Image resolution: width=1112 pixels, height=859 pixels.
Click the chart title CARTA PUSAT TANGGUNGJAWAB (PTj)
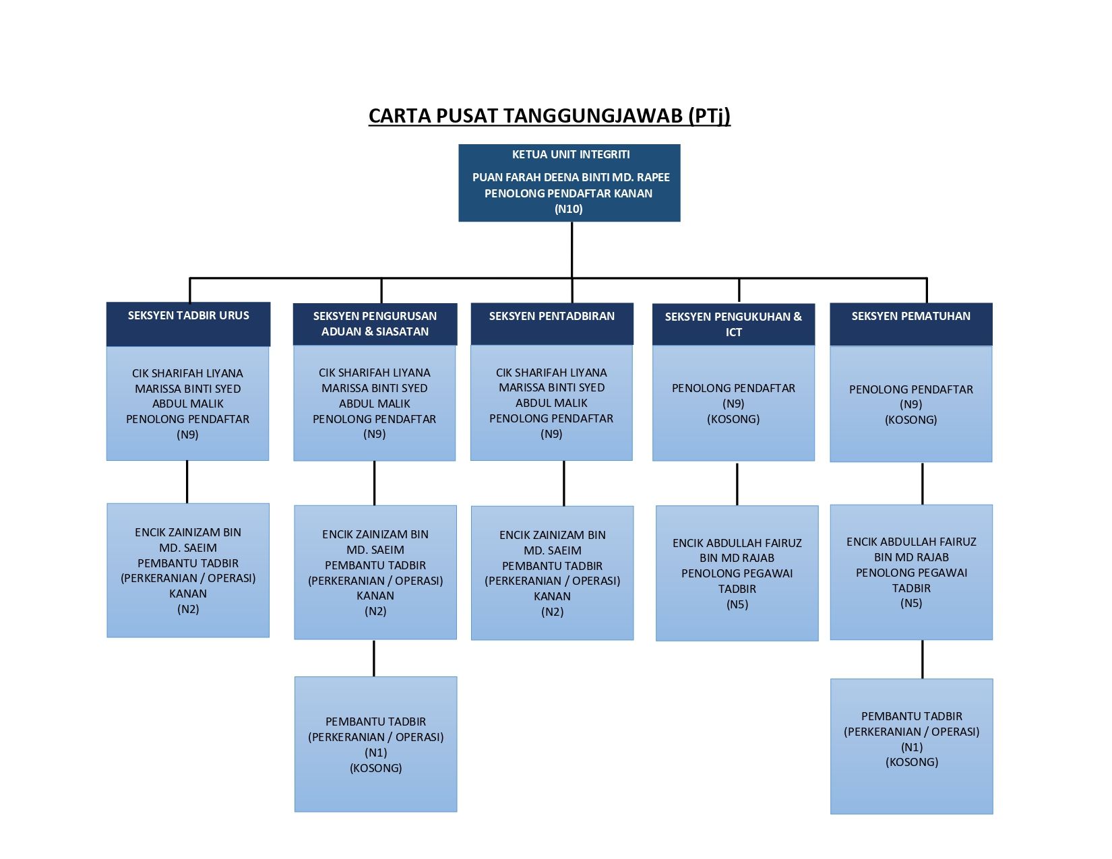[549, 116]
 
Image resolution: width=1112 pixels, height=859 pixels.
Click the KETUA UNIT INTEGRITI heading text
[571, 154]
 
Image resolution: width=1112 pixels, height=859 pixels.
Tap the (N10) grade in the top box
[569, 209]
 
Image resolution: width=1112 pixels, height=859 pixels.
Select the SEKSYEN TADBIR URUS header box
[188, 324]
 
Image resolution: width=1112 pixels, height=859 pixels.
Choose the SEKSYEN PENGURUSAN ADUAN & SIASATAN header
[375, 324]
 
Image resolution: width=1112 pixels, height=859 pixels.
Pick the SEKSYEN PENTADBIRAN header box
[552, 323]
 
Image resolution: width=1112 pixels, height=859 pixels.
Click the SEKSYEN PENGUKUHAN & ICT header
[733, 324]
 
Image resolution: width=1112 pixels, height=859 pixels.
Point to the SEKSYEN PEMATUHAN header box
[911, 324]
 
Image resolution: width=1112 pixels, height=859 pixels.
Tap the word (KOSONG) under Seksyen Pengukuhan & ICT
[733, 419]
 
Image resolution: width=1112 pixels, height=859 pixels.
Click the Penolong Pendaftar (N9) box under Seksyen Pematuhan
[911, 404]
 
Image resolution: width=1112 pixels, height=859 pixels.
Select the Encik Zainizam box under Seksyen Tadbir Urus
[188, 570]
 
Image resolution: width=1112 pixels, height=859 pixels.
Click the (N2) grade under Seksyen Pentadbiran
[552, 612]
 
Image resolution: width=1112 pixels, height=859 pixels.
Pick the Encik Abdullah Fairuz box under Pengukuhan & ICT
[737, 573]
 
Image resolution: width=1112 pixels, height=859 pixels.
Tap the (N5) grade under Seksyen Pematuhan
[911, 603]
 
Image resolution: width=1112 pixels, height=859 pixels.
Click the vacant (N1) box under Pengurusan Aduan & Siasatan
[375, 744]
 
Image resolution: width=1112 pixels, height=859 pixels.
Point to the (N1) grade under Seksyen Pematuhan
[912, 747]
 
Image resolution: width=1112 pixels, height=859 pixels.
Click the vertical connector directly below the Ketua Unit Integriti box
[572, 250]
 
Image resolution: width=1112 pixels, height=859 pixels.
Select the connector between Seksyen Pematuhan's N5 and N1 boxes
[923, 659]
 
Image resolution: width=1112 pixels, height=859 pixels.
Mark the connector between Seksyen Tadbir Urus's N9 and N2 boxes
[187, 482]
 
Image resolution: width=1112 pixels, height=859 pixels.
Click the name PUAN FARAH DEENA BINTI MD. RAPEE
[571, 178]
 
